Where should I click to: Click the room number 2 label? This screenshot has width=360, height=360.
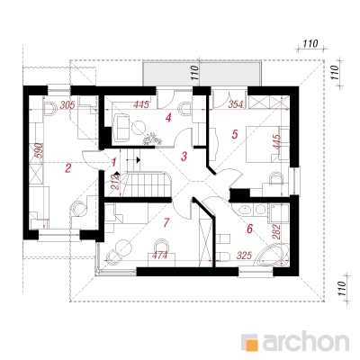click(68, 168)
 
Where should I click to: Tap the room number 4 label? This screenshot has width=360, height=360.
click(168, 118)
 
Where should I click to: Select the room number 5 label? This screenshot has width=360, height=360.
click(235, 134)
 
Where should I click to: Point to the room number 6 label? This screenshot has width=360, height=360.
click(249, 229)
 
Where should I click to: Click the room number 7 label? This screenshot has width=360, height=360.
click(166, 222)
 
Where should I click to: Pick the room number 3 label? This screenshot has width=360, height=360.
click(184, 157)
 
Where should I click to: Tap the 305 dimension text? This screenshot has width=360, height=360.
click(67, 105)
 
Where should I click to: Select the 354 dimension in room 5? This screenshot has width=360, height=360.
click(237, 105)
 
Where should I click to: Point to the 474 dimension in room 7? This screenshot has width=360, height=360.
click(160, 256)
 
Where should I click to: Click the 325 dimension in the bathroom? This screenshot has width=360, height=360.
click(244, 256)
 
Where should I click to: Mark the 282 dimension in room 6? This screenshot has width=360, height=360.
click(276, 231)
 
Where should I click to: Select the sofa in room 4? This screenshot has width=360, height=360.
click(121, 127)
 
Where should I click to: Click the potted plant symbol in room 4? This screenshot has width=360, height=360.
click(152, 139)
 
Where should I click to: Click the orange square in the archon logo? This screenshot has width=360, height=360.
click(251, 343)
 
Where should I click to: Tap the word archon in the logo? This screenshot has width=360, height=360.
click(306, 341)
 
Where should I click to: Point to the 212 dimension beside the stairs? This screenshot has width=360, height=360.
click(116, 182)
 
